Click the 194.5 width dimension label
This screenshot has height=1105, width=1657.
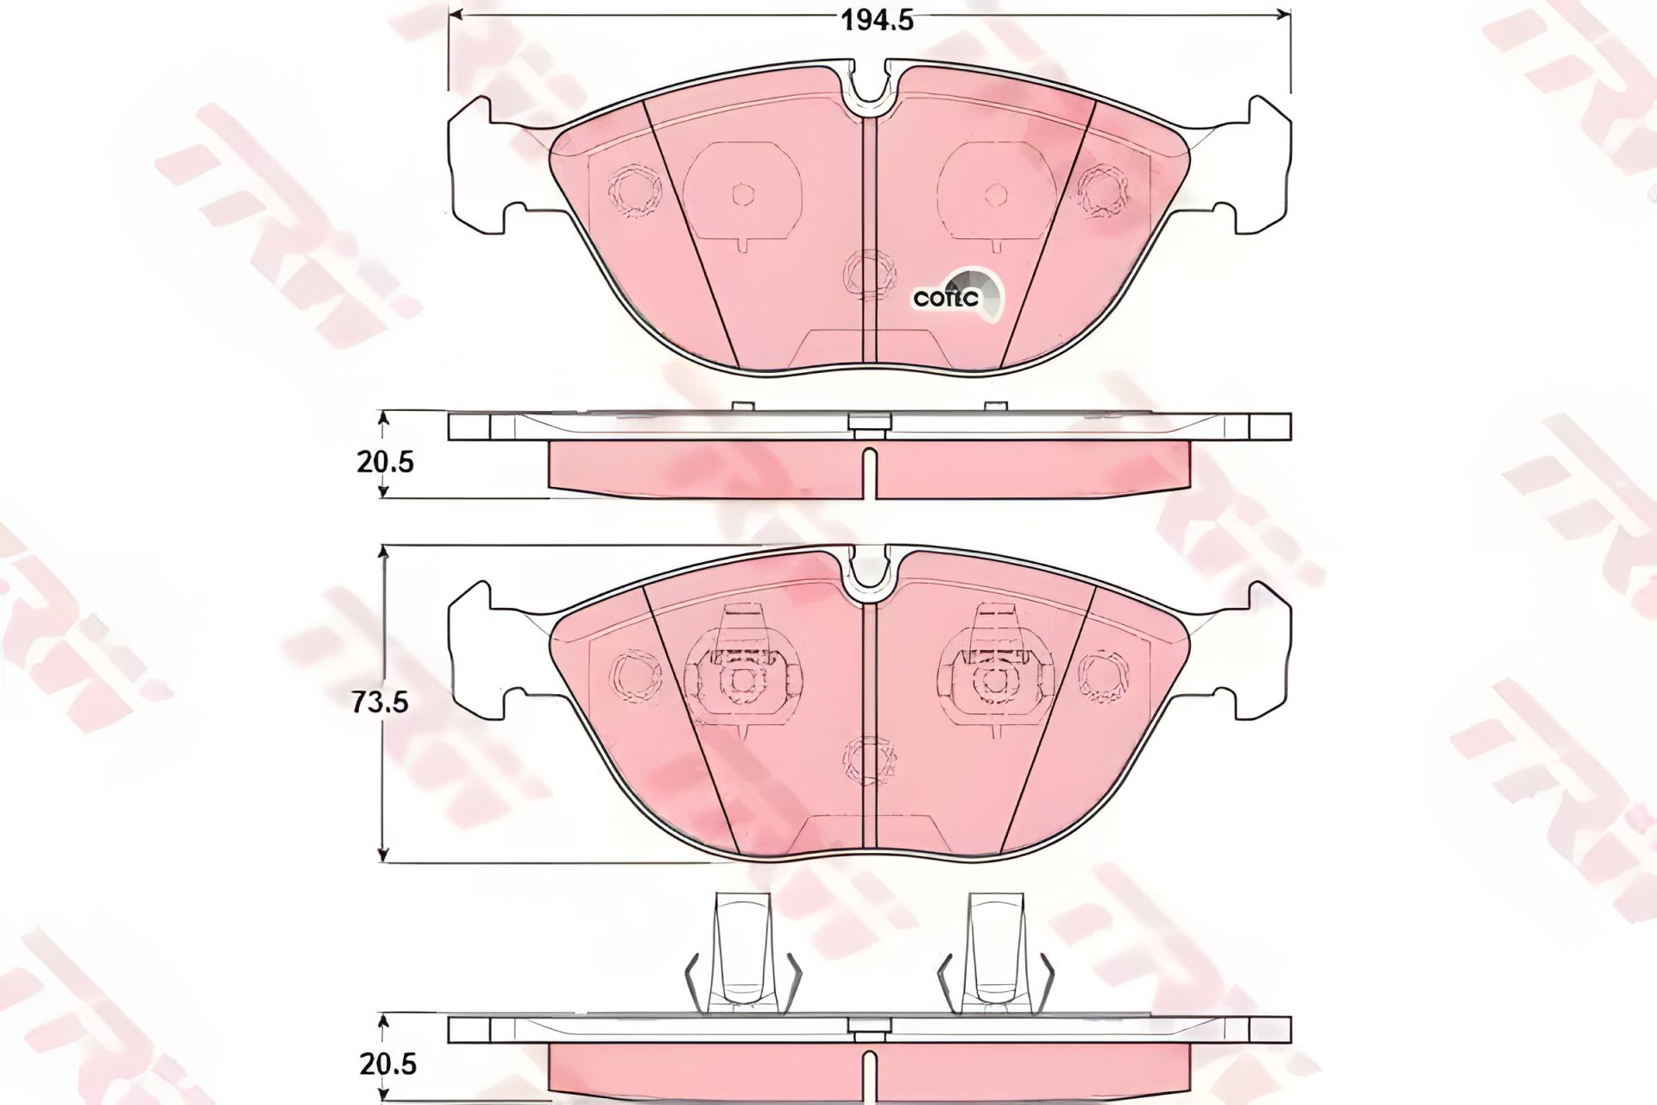(x=878, y=20)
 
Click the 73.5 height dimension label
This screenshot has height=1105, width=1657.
(x=380, y=703)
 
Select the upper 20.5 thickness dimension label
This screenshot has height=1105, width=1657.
(x=385, y=463)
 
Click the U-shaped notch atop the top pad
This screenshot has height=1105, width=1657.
(x=870, y=86)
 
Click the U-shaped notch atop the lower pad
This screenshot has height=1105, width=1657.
(x=870, y=570)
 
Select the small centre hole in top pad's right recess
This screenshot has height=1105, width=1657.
(x=997, y=194)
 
